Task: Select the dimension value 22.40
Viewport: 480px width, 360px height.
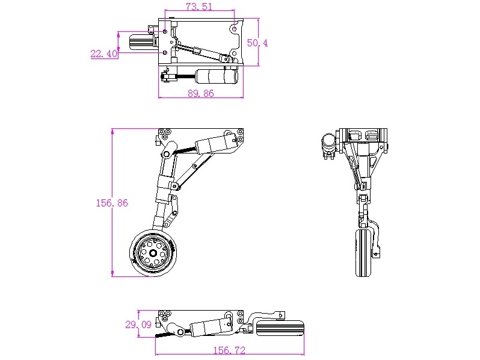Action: pyautogui.click(x=103, y=54)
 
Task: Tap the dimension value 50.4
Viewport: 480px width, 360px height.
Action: pyautogui.click(x=257, y=43)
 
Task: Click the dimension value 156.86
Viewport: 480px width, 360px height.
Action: pyautogui.click(x=112, y=203)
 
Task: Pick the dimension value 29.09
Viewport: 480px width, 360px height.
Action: pyautogui.click(x=138, y=324)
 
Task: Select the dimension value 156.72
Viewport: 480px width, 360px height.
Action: pyautogui.click(x=230, y=350)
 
